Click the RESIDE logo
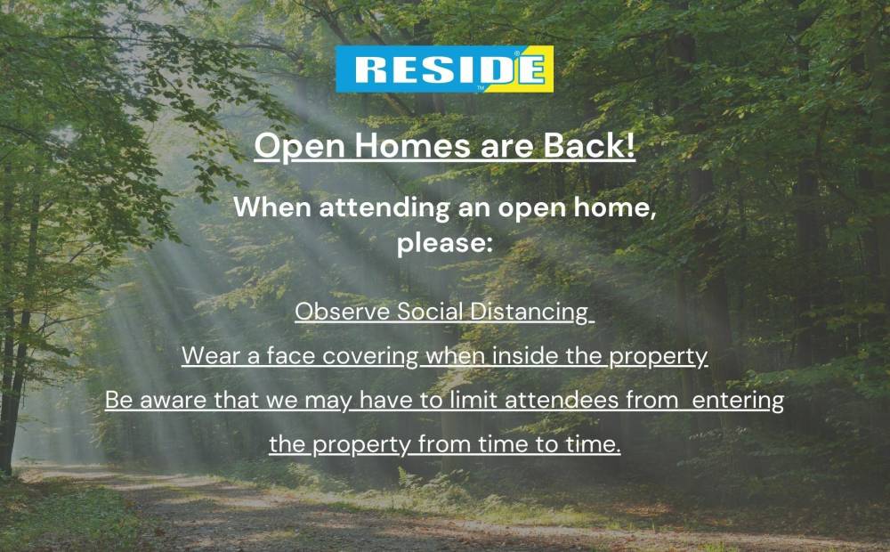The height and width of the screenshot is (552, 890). (444, 69)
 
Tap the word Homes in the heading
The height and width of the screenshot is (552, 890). (413, 145)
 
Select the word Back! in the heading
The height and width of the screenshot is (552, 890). (589, 145)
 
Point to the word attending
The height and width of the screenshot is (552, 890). (384, 207)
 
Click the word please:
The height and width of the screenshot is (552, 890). (444, 243)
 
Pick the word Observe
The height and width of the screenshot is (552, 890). (343, 312)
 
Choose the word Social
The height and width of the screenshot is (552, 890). (430, 312)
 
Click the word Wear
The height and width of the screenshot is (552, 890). (211, 356)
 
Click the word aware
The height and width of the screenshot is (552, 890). (174, 401)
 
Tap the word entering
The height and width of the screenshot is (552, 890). (738, 401)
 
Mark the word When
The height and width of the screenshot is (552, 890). (273, 207)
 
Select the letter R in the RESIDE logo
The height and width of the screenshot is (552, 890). (369, 69)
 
